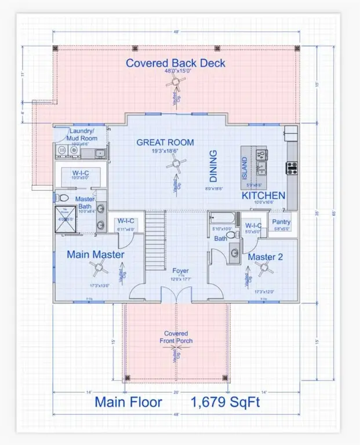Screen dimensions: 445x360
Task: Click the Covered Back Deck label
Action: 176,63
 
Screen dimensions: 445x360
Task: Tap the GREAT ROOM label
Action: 165,143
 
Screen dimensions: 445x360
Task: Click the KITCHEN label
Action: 264,196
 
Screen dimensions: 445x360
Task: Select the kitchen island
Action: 254,168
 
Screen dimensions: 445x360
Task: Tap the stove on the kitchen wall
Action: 291,168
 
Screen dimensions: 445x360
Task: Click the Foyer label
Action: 180,271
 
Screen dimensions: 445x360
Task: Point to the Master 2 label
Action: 266,256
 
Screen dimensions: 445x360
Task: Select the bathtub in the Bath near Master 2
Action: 223,220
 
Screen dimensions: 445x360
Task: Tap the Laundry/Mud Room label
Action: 81,135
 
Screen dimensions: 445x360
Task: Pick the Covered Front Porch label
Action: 176,337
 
